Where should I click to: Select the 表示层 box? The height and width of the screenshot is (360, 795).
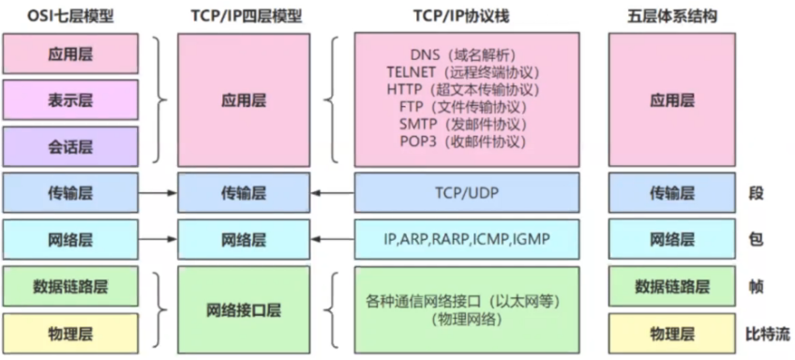click(70, 99)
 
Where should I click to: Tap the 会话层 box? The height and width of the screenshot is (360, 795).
click(70, 145)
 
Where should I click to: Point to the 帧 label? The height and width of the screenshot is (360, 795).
click(756, 287)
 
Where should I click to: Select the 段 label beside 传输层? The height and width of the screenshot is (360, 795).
click(756, 193)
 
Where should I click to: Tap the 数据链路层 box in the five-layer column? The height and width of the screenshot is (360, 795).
click(672, 287)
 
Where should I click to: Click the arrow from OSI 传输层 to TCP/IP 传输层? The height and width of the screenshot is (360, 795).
click(158, 193)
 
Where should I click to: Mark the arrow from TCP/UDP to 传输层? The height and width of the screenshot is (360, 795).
click(332, 193)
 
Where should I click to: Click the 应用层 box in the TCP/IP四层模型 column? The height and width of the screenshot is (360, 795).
click(244, 99)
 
